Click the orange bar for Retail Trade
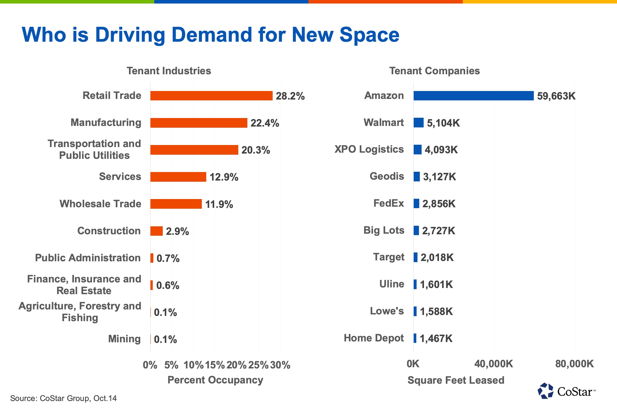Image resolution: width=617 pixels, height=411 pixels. (211, 96)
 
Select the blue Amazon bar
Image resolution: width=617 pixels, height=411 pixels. (473, 96)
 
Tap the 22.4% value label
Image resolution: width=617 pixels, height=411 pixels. (264, 123)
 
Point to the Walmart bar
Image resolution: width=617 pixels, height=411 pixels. (418, 123)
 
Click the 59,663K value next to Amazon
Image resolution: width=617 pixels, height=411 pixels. (556, 96)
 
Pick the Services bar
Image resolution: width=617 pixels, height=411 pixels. (178, 177)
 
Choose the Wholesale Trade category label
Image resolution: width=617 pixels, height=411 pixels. (100, 204)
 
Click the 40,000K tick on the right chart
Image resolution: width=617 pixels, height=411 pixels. (494, 364)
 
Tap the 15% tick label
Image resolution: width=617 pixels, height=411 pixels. (215, 365)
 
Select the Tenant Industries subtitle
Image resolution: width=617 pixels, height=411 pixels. (169, 71)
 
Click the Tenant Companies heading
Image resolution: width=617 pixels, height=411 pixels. (434, 71)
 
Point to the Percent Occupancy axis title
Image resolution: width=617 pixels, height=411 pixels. (215, 380)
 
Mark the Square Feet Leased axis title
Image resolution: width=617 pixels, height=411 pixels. (456, 380)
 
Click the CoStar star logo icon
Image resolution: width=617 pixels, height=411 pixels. (546, 391)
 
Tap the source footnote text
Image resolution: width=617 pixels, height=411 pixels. (63, 398)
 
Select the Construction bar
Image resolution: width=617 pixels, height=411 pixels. (156, 231)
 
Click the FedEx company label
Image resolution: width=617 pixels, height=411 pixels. (388, 203)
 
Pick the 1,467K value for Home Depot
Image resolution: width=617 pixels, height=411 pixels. (436, 338)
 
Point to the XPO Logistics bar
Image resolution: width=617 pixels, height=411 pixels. (418, 150)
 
